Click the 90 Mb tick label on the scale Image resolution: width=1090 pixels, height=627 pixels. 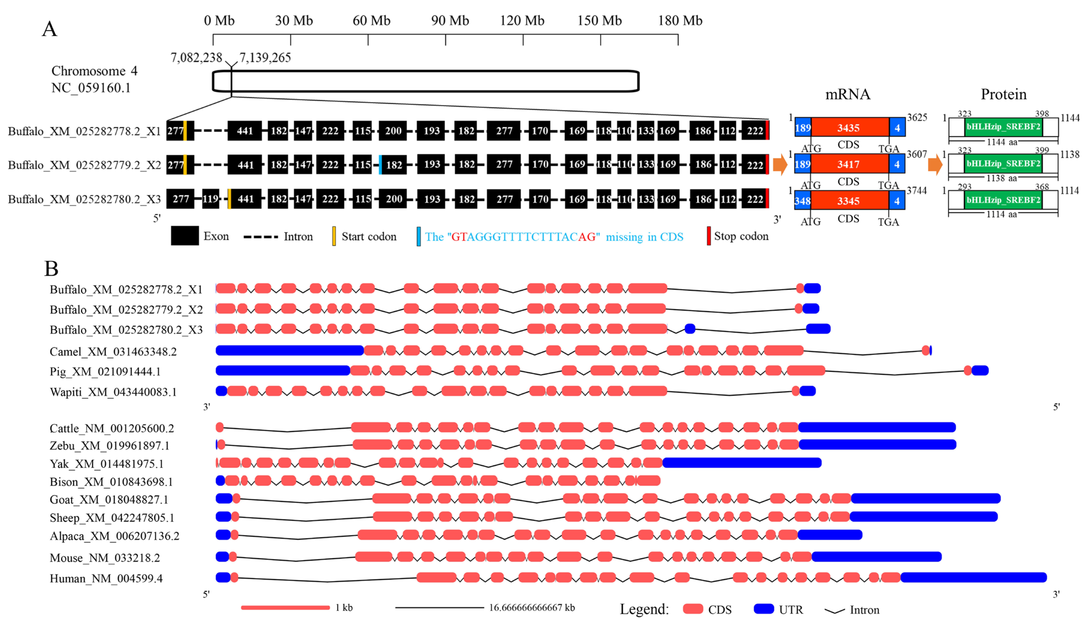click(450, 21)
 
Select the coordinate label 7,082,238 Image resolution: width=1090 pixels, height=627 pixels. click(196, 57)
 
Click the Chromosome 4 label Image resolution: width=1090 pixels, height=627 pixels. click(94, 71)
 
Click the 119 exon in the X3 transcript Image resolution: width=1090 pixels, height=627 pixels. click(211, 199)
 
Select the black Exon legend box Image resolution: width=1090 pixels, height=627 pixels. click(185, 236)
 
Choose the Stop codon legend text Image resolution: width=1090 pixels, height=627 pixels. click(741, 236)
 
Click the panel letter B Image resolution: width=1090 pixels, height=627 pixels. click(51, 269)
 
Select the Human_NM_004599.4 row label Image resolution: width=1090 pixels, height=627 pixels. click(106, 578)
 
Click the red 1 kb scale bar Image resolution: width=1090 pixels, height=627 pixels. click(285, 608)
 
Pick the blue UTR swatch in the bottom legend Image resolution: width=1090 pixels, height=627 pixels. click(763, 609)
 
